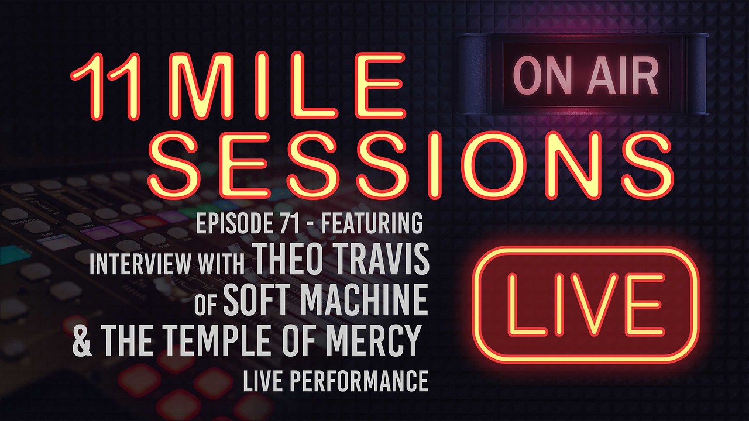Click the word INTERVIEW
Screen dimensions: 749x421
click(x=142, y=265)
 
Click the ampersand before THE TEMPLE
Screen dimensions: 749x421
click(x=83, y=340)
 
